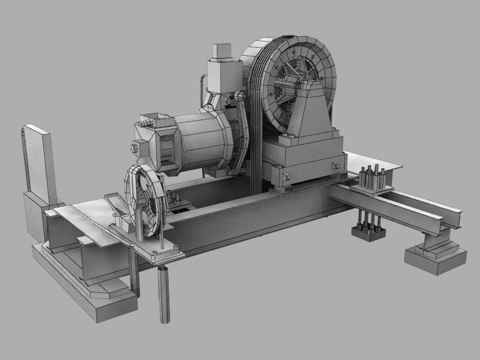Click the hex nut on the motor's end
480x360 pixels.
(x=135, y=146)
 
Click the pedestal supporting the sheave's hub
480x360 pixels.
(x=312, y=111)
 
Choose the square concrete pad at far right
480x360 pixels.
(x=435, y=258)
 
